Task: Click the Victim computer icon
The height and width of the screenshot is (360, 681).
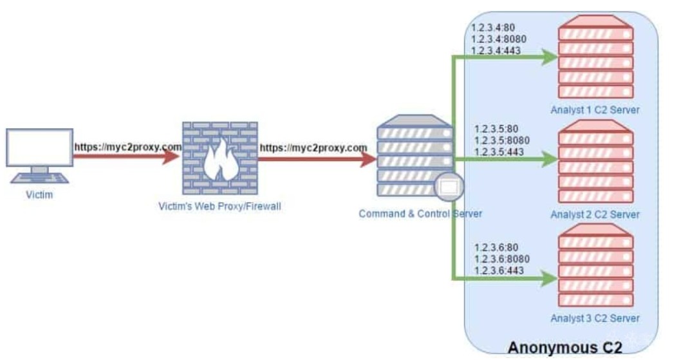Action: [39, 155]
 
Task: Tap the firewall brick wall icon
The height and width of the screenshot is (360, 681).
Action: [219, 159]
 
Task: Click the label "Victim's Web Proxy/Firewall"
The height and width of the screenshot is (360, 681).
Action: [219, 207]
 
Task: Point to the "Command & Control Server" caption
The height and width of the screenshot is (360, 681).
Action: [420, 214]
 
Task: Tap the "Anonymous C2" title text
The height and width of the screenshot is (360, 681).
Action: [565, 348]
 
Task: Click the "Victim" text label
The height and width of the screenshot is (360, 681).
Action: [39, 195]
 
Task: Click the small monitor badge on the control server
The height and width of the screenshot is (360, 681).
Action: [448, 187]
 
